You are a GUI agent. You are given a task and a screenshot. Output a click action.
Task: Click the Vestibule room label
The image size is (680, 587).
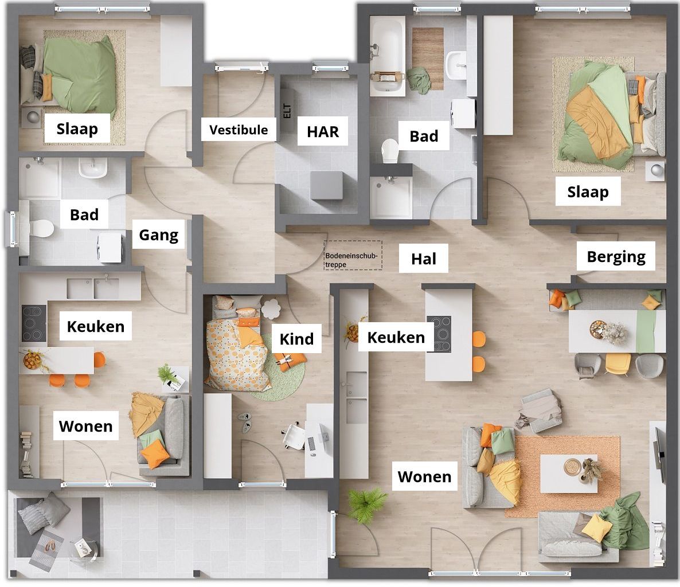click(239, 130)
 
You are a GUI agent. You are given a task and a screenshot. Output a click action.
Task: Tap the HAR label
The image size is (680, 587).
click(323, 132)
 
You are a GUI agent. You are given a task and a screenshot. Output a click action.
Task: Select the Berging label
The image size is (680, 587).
click(616, 256)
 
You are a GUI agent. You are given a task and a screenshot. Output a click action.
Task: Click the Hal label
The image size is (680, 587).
click(424, 259)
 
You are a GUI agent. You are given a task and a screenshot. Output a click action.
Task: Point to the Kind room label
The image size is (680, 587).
click(296, 339)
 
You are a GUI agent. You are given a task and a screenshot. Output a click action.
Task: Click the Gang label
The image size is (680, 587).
click(159, 234)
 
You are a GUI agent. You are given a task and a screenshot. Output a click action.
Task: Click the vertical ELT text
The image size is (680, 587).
click(287, 110)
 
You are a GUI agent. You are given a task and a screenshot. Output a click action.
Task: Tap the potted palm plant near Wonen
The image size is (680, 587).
click(364, 504)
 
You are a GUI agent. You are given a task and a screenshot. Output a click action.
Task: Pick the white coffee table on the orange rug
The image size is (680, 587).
click(569, 473)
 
